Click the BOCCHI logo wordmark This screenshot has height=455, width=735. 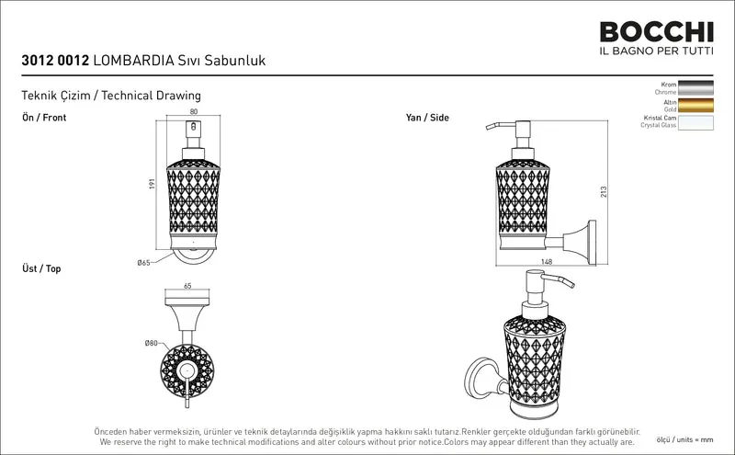(656, 32)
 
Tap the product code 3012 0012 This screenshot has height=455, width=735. (55, 61)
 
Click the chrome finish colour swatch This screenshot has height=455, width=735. (695, 88)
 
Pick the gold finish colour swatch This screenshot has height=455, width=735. (695, 106)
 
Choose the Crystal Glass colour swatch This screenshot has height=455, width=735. (695, 123)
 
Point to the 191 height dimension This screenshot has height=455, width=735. (152, 184)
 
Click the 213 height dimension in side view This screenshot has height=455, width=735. (604, 192)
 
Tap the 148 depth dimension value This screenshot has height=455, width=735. (547, 262)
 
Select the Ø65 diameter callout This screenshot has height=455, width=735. (143, 263)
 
